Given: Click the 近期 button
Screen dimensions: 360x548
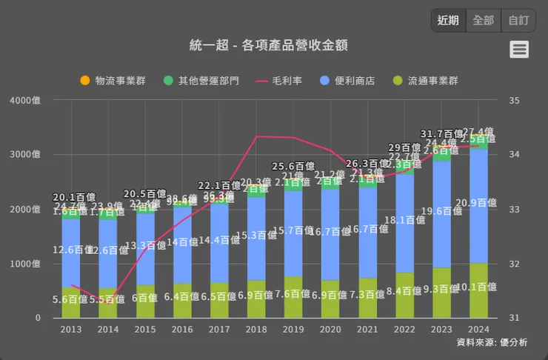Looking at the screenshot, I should pos(448,21).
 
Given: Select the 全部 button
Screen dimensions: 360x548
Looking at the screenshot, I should pos(483,21).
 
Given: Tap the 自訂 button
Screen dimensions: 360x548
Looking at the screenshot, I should pos(518,21).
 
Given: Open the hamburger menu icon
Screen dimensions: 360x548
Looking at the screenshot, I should pos(519,50).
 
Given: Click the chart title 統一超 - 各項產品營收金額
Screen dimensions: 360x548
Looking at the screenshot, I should pos(269,45).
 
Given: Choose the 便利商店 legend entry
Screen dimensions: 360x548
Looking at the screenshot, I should pos(347,80).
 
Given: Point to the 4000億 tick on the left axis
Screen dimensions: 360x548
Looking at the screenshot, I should pos(26,100).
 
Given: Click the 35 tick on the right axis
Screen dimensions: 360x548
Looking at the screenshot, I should pos(515,100).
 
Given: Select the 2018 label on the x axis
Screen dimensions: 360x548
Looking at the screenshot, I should pos(256,329).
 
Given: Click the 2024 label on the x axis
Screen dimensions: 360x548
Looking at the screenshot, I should pos(478,329).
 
